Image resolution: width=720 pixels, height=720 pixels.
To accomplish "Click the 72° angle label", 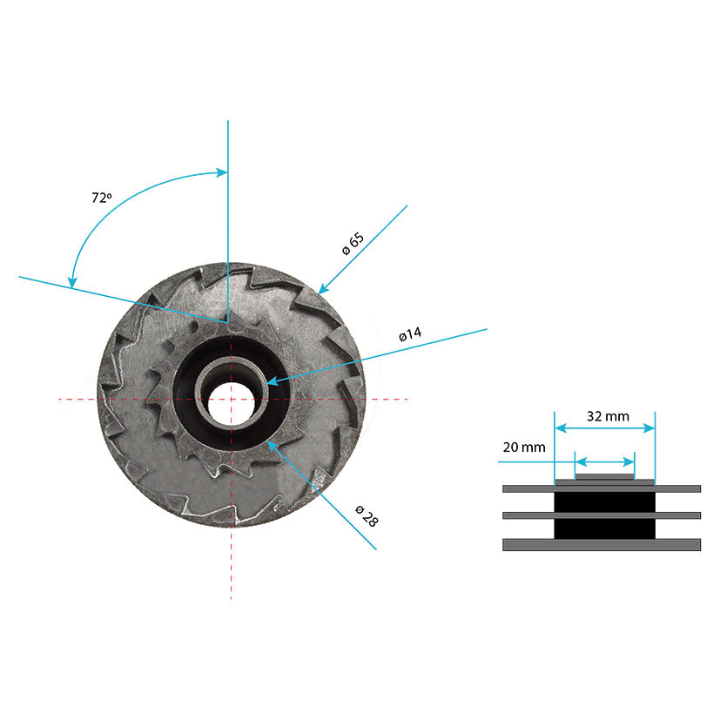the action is (x=102, y=198).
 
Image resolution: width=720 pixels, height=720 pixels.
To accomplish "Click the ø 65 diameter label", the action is (x=353, y=244).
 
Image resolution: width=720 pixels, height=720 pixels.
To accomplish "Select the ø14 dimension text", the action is (x=410, y=333).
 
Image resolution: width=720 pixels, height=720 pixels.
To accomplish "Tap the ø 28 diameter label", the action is (x=367, y=516).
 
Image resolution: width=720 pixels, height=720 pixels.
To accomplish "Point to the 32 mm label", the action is (x=608, y=416).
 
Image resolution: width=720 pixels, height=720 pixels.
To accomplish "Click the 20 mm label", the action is (x=524, y=447).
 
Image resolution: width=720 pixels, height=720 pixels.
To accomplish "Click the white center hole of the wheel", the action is (x=231, y=403).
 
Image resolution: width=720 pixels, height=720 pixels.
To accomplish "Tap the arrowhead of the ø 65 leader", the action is (x=324, y=288).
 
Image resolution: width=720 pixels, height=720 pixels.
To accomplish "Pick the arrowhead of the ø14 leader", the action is (x=273, y=381).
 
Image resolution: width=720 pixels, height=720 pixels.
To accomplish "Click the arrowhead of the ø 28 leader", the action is (x=273, y=446).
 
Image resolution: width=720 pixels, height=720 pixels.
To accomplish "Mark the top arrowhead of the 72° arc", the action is (x=222, y=172).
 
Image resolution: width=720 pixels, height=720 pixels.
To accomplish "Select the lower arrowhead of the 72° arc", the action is (x=72, y=282).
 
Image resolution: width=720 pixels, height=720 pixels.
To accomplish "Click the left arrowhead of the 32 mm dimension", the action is (x=561, y=428).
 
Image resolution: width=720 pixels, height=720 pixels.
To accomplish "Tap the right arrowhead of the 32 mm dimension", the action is (x=649, y=428).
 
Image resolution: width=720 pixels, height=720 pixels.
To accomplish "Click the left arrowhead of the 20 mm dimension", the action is (x=581, y=461).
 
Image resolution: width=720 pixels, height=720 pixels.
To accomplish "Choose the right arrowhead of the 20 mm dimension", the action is (x=629, y=461).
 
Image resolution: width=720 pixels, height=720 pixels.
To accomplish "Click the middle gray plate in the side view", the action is (x=602, y=515).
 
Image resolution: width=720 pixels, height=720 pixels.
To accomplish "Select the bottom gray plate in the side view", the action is (x=602, y=545).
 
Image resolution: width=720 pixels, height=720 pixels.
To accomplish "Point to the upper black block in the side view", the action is (x=605, y=502).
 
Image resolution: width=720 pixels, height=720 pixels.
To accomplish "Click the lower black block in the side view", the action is (x=605, y=529).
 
